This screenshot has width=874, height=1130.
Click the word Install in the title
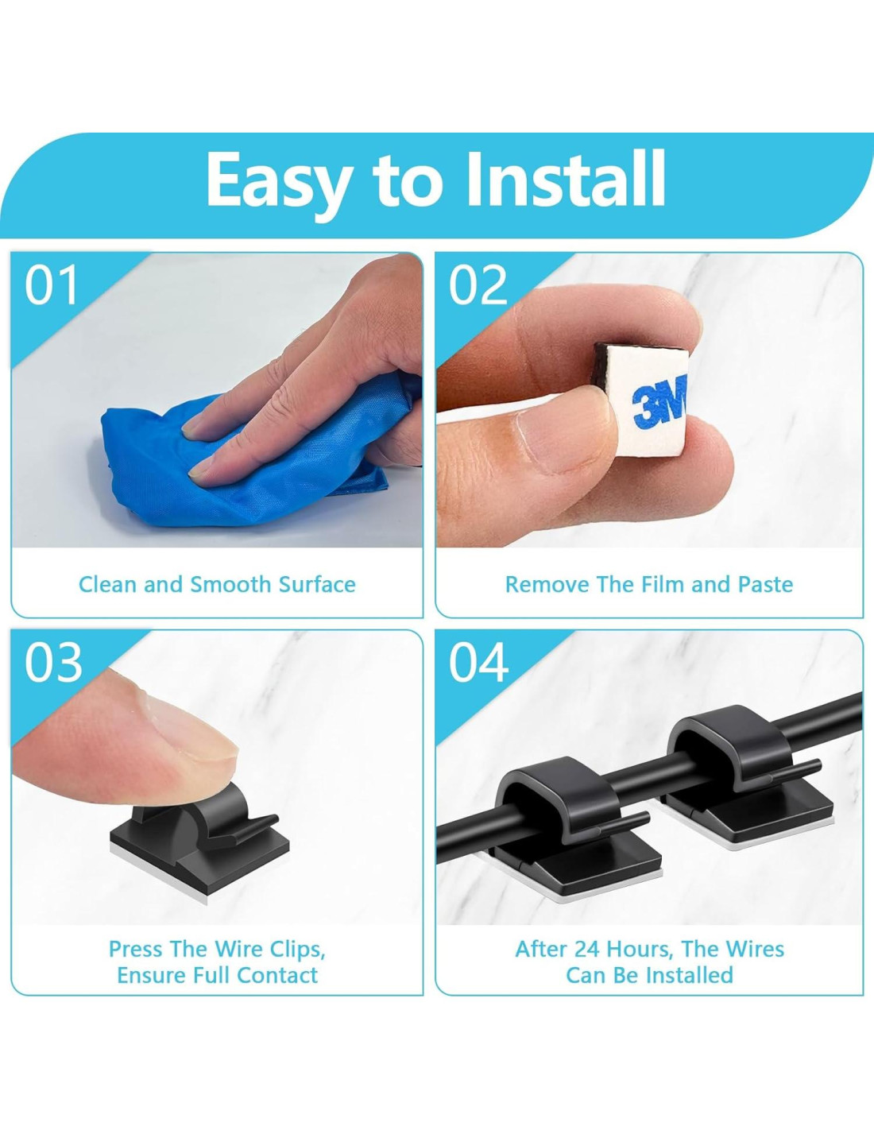pos(566,179)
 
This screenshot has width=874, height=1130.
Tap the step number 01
pos(51,284)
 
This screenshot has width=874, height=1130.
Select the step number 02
pos(478,284)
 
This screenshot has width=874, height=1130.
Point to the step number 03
pos(53,662)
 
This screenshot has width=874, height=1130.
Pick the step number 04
pos(479,662)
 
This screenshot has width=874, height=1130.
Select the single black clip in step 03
pos(199,830)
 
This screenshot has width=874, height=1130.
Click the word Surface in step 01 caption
pos(317,585)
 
